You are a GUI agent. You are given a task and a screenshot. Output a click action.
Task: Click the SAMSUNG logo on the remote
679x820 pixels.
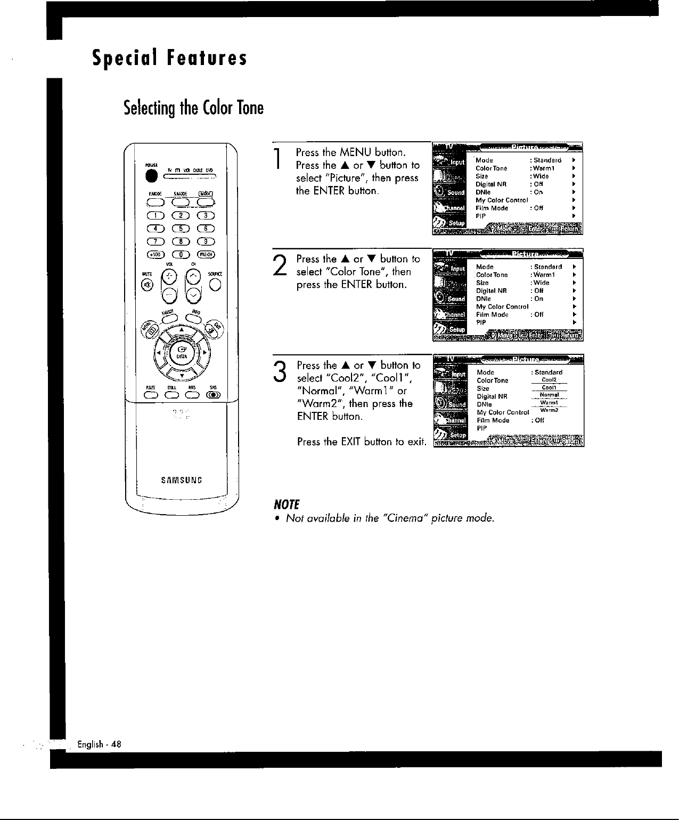coord(182,478)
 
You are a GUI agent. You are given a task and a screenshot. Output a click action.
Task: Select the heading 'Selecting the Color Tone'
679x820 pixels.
coord(193,108)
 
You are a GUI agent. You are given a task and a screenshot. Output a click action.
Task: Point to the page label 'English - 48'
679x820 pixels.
coord(100,744)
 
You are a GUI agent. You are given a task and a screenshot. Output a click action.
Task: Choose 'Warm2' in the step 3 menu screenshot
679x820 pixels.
coord(549,411)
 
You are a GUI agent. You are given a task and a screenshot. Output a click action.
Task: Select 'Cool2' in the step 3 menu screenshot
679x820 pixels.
coord(549,380)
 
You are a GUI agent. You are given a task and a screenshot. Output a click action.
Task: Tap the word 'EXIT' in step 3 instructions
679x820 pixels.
coord(351,442)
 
